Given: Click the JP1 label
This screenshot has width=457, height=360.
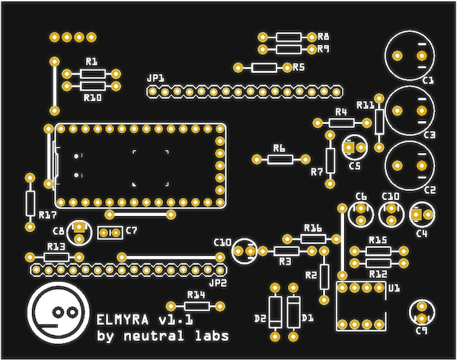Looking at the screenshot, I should [x=155, y=78].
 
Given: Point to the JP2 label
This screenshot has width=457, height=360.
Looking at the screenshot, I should [x=218, y=283].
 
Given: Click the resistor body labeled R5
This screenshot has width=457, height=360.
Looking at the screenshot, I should [x=264, y=67].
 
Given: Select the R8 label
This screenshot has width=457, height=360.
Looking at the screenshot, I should [x=324, y=37].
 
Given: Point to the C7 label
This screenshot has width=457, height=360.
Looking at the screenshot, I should [x=132, y=230].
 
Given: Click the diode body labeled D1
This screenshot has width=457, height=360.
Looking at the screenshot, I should [x=292, y=311].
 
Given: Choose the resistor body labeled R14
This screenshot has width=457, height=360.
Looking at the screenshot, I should [x=197, y=306].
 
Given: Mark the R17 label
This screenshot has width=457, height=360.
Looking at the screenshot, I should [x=46, y=215].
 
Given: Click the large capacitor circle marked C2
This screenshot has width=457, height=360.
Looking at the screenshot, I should [x=409, y=164].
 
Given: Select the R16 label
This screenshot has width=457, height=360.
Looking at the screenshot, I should [x=312, y=228].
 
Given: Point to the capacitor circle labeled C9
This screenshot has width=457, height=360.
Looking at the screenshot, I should [x=420, y=312].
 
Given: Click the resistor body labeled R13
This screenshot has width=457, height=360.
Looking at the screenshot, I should [x=56, y=257].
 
